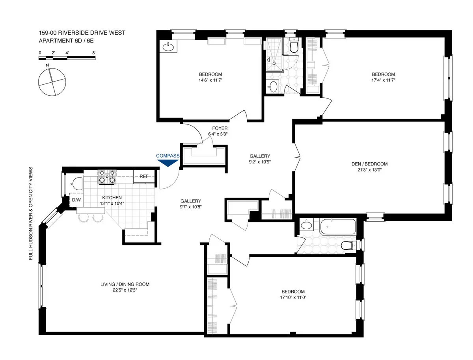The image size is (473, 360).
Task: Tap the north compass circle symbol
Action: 51,82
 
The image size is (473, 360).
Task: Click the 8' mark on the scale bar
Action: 94,52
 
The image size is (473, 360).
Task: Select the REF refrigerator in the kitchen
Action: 143,176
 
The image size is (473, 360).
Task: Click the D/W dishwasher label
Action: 76,200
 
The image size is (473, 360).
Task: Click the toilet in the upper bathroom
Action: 293,46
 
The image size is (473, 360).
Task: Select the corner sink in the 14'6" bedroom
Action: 168,47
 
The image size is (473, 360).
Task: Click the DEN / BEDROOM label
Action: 369,164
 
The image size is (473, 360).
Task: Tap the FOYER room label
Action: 220,128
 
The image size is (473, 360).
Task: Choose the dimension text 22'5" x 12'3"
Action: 125,290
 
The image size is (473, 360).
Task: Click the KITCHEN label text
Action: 112,198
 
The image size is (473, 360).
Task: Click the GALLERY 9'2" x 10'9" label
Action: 260,159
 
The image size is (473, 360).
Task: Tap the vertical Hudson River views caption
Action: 31,213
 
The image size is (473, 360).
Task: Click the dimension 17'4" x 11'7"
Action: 383,80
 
